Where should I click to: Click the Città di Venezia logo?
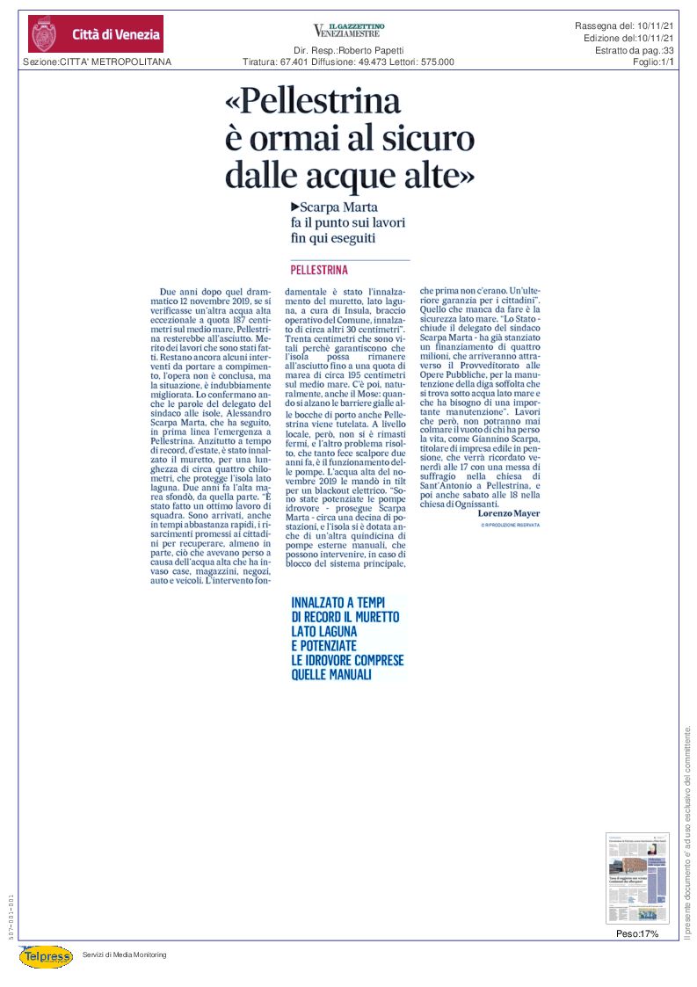click(x=95, y=34)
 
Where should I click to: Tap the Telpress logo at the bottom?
click(x=46, y=955)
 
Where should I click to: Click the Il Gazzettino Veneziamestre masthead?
click(x=348, y=30)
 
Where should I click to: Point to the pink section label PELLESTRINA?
click(x=319, y=270)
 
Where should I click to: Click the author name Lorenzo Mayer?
click(x=508, y=513)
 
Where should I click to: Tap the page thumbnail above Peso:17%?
click(x=637, y=878)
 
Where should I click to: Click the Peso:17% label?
click(x=637, y=933)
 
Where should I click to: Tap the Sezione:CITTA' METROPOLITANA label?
click(x=97, y=62)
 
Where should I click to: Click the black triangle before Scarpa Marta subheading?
click(x=294, y=207)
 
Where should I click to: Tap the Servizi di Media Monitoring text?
click(x=124, y=954)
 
